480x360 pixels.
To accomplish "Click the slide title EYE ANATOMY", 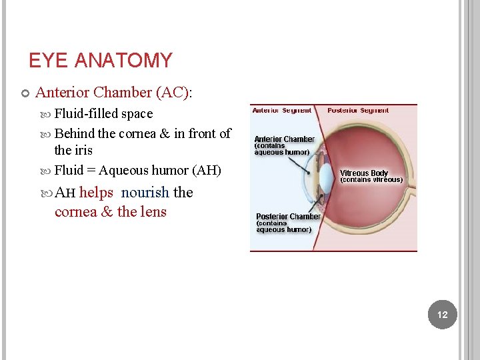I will [x=100, y=61].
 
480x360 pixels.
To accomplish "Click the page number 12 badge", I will [x=443, y=315].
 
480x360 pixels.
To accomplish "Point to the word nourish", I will [x=145, y=193].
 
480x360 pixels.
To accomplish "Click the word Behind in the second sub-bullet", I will [x=74, y=133].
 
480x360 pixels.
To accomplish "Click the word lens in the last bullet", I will [x=153, y=212].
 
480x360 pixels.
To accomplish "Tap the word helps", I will [x=96, y=193].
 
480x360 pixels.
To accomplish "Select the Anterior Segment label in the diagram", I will [x=282, y=110].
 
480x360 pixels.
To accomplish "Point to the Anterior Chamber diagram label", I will [x=284, y=139].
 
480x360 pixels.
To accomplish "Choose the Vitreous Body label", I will [x=364, y=173].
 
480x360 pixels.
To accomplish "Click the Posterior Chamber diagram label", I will [x=288, y=217].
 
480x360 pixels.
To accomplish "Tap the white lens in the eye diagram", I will [x=327, y=177].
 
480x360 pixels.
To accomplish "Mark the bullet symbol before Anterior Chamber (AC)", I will [x=25, y=93].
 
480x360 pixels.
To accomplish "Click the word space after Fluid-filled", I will [x=137, y=113].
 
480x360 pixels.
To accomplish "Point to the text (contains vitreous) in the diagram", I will [x=371, y=180].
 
